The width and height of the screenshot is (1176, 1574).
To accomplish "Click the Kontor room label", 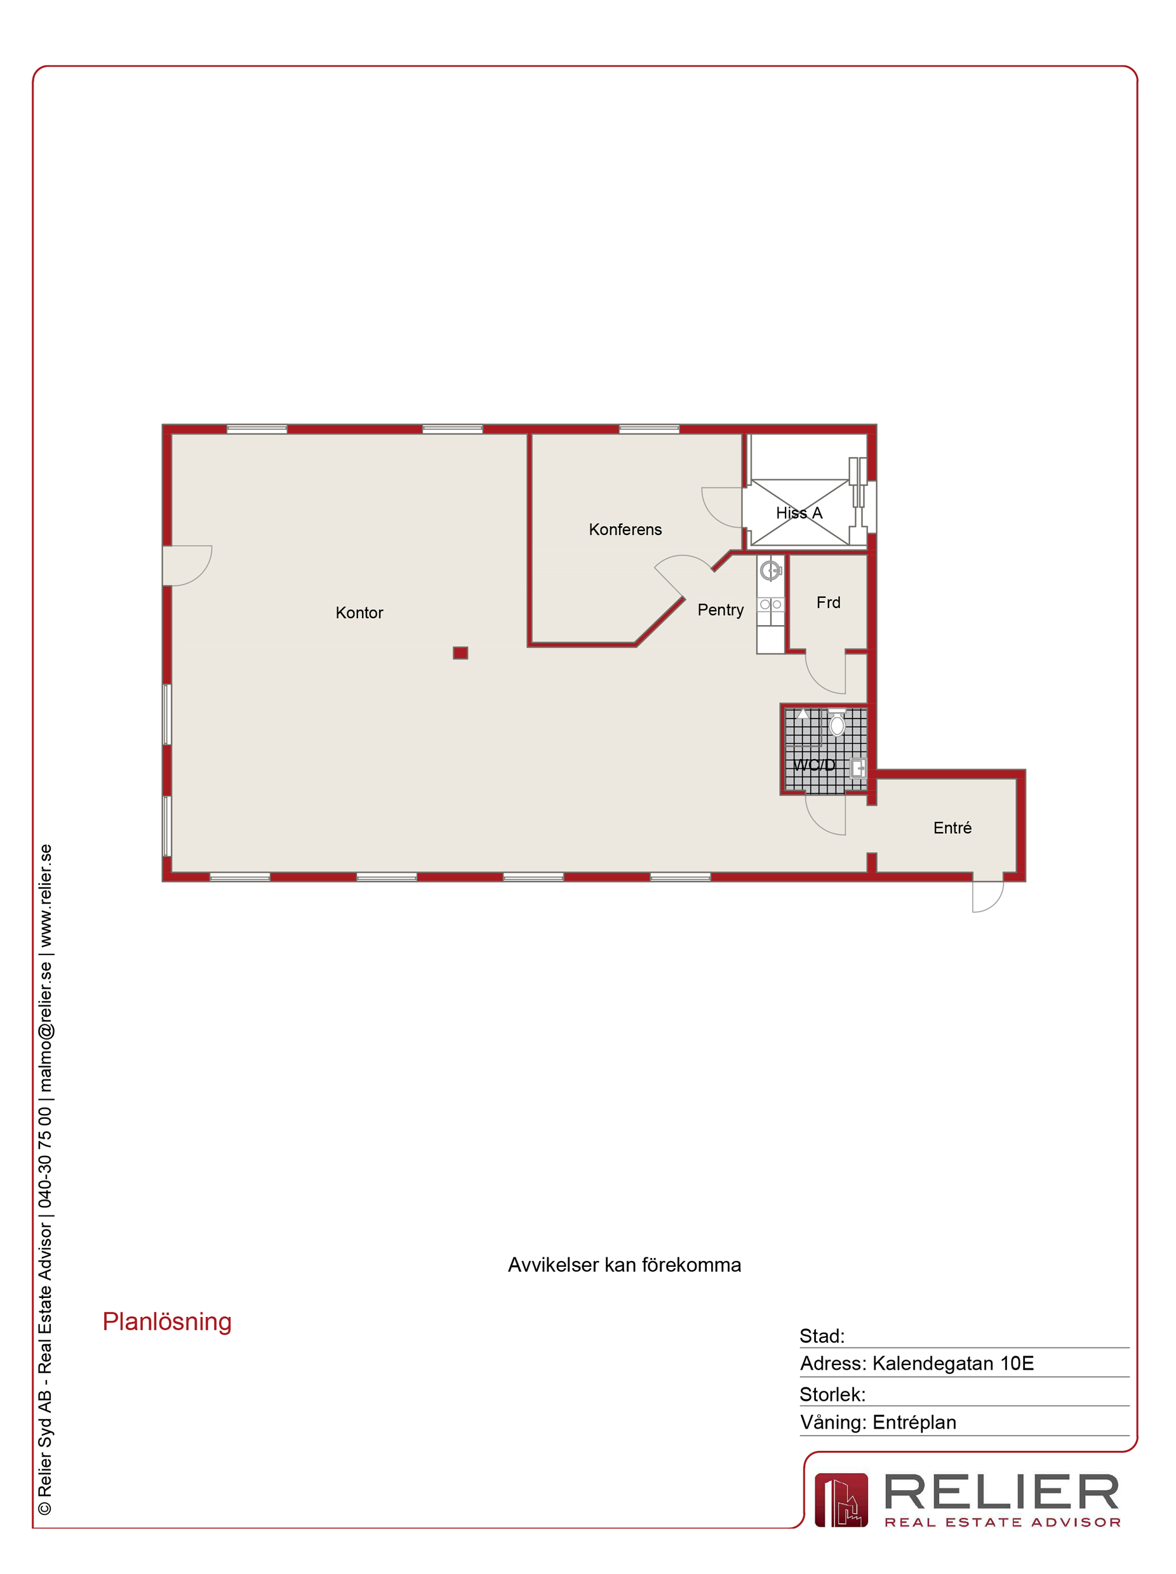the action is (x=359, y=612).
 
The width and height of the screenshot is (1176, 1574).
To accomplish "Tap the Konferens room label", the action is (x=625, y=529).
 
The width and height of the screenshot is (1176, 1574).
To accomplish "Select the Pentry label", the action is (x=721, y=610).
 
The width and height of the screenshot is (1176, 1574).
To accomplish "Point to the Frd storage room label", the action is (x=828, y=603).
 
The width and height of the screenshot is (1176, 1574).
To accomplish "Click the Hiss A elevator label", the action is (x=799, y=513).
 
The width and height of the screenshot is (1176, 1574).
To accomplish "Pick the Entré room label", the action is (x=952, y=828).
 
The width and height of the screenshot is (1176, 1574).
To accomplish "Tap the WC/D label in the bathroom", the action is (x=813, y=765).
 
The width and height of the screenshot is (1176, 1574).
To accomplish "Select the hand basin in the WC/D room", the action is (x=859, y=769).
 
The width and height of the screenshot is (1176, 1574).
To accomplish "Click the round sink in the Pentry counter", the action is (x=770, y=571).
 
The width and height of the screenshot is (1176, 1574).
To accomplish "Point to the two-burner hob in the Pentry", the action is (x=770, y=604).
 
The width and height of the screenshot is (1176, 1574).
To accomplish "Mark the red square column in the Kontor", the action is (x=460, y=653).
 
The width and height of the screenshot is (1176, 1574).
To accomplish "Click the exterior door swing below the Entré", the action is (x=988, y=897).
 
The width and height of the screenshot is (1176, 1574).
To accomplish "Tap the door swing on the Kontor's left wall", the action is (x=188, y=565).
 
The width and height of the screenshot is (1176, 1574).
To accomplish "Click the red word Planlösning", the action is (x=167, y=1321).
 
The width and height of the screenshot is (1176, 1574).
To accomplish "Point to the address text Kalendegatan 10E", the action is (x=952, y=1363).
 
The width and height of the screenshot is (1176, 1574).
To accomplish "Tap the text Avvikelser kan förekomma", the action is (x=624, y=1264).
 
